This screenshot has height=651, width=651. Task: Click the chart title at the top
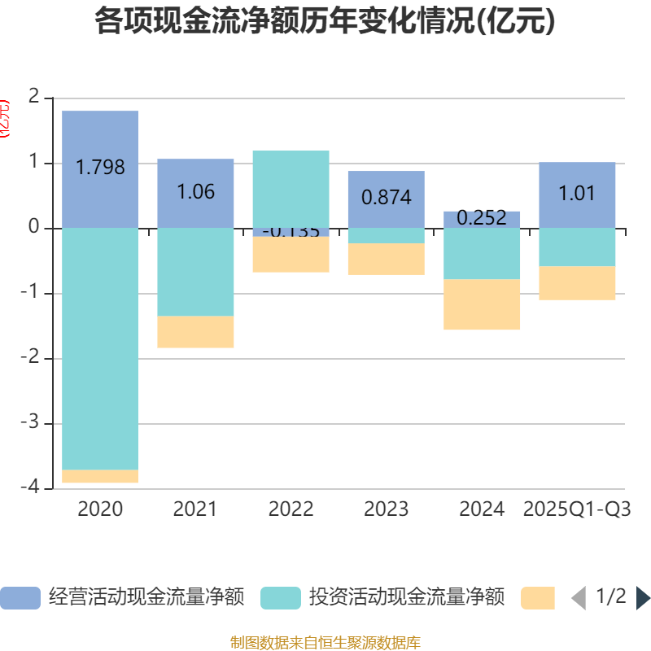click(x=325, y=22)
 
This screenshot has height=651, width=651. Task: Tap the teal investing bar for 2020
click(x=100, y=350)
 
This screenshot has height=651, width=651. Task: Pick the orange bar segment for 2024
click(x=482, y=304)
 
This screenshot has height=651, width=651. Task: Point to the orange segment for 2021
click(x=195, y=332)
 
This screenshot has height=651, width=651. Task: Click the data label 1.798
click(x=100, y=168)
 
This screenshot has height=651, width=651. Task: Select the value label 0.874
click(x=386, y=197)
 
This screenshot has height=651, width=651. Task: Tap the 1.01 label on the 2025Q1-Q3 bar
click(x=577, y=194)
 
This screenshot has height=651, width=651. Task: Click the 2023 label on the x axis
click(x=386, y=509)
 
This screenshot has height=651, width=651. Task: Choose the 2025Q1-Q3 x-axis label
click(x=577, y=509)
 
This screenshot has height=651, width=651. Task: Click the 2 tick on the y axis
click(x=33, y=98)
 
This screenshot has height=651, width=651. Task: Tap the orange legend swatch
click(x=537, y=598)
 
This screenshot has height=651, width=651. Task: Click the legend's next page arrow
click(x=643, y=598)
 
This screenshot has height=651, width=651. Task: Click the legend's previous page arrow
click(x=579, y=598)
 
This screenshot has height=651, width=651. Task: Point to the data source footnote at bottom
click(x=325, y=643)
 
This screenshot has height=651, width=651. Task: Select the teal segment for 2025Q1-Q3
click(x=577, y=247)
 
